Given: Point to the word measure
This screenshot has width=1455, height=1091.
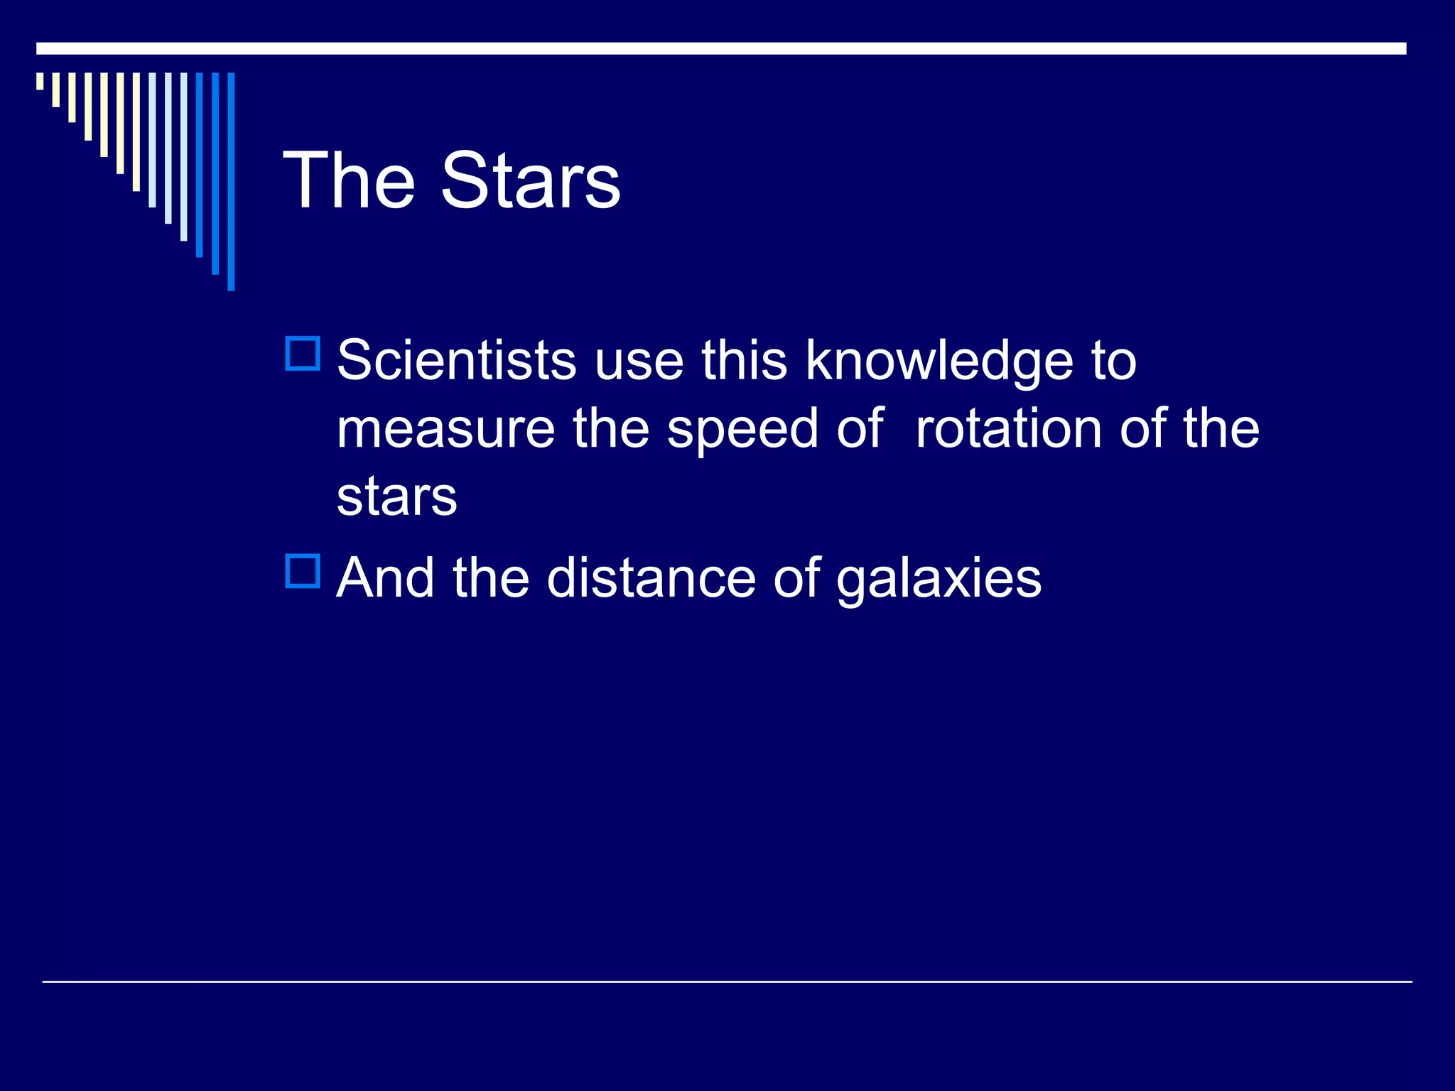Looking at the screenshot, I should (445, 429).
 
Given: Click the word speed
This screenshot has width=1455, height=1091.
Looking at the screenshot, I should (742, 430).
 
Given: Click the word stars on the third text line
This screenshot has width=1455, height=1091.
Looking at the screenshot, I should (396, 496).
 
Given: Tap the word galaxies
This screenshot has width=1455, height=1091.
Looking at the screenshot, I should (939, 579).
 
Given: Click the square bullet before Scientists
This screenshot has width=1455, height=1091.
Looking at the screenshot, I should (303, 354).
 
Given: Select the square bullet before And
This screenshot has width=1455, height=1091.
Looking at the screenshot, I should (303, 571).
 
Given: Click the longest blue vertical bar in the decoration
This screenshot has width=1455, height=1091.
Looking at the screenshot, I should (231, 181).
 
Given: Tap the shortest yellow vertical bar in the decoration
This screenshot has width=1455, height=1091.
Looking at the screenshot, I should (40, 81).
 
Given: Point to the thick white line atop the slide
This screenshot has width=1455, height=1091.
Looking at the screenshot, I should (720, 48).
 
